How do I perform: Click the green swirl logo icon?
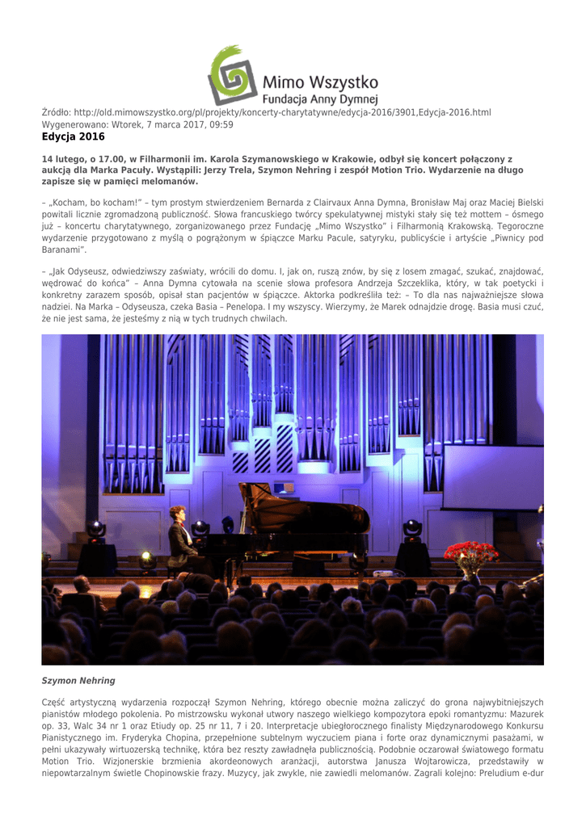click(x=232, y=75)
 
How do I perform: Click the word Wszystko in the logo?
click(x=339, y=82)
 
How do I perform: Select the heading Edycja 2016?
click(x=74, y=137)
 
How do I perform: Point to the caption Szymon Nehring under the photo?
click(x=78, y=681)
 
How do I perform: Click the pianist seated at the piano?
click(x=180, y=537)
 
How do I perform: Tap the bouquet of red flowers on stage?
click(x=471, y=556)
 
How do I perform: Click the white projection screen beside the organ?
click(x=492, y=476)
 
